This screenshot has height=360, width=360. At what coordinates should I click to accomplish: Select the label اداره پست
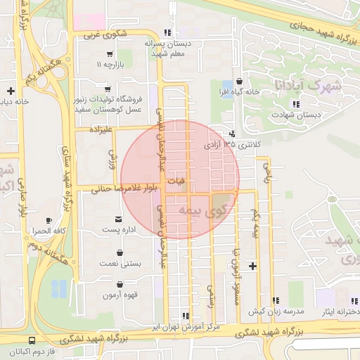118,230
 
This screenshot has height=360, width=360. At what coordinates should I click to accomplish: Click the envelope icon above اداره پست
118,219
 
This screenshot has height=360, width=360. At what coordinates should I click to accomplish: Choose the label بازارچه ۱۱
110,65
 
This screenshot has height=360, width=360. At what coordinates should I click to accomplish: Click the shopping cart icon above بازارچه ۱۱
110,53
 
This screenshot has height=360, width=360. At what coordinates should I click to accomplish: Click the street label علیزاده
100,129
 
